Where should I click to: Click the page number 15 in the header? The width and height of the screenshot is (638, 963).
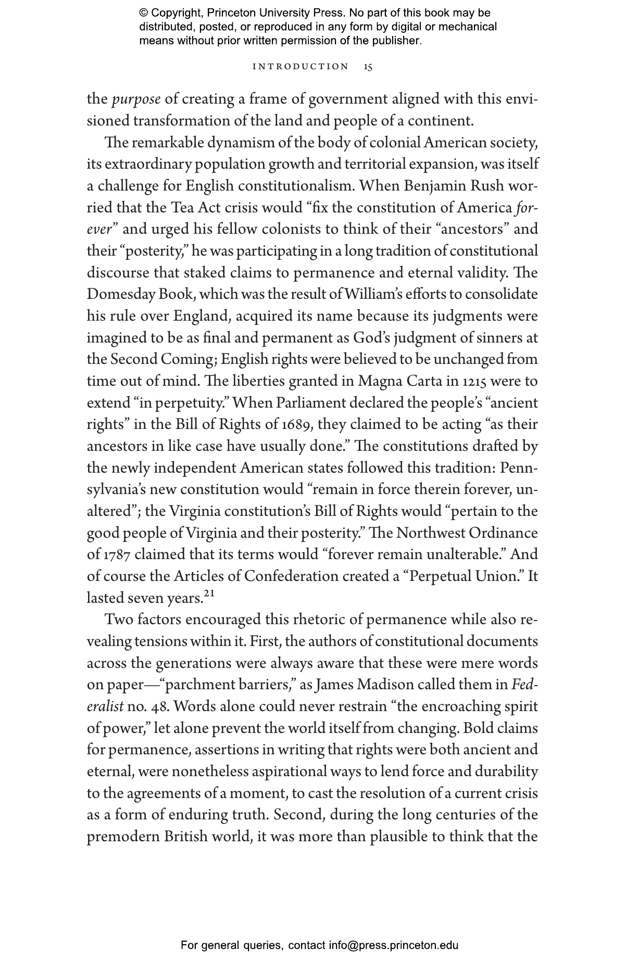(x=368, y=67)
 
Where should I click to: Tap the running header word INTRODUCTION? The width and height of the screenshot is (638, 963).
(x=301, y=67)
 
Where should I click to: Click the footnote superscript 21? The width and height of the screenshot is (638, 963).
(x=209, y=594)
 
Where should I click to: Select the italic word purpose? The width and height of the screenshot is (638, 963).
(x=136, y=99)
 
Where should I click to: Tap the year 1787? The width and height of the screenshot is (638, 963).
(x=115, y=555)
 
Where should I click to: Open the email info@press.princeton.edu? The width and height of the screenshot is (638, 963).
(x=393, y=945)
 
